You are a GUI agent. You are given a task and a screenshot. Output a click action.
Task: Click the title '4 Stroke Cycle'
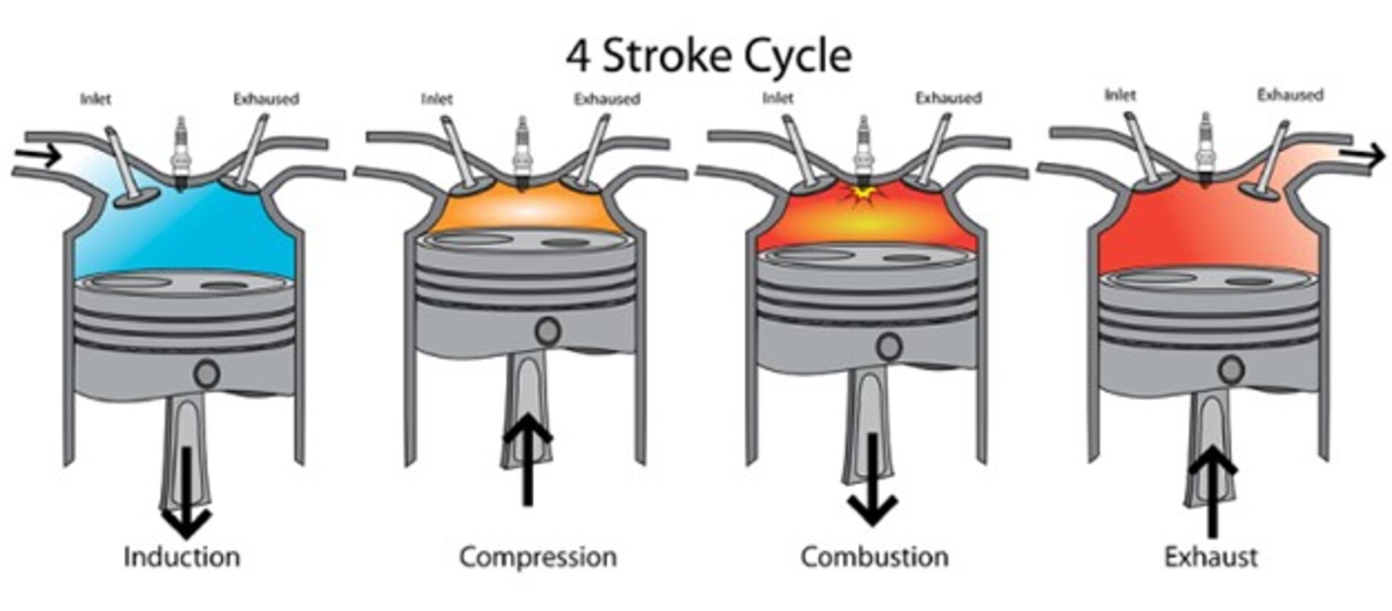pyautogui.click(x=708, y=56)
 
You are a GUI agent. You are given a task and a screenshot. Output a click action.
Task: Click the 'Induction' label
pyautogui.click(x=182, y=557)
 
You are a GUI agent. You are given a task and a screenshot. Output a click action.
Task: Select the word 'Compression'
pyautogui.click(x=538, y=557)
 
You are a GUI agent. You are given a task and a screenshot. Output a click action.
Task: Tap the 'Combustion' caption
pyautogui.click(x=874, y=557)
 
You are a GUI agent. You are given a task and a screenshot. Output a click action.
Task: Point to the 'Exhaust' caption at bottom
pyautogui.click(x=1211, y=557)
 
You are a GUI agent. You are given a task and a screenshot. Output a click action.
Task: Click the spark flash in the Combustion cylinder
pyautogui.click(x=862, y=193)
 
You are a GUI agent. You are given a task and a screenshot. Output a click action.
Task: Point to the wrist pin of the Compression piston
pyautogui.click(x=548, y=332)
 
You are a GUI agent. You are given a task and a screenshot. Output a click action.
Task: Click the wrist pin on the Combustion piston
pyautogui.click(x=889, y=347)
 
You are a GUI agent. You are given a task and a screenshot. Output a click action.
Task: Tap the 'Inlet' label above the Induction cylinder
pyautogui.click(x=96, y=99)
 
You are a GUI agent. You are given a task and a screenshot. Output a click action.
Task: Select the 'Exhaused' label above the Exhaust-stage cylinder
pyautogui.click(x=1290, y=96)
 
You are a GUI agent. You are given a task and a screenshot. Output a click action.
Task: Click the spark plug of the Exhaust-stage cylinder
pyautogui.click(x=1204, y=149)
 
